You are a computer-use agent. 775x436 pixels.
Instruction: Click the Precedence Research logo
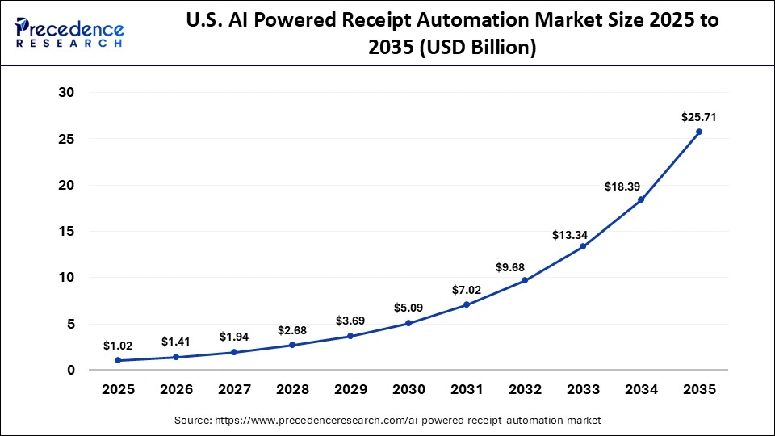pyautogui.click(x=69, y=32)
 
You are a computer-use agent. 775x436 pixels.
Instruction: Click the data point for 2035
pyautogui.click(x=699, y=132)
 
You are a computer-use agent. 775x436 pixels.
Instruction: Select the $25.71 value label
pyautogui.click(x=699, y=117)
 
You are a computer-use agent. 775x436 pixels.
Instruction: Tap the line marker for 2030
pyautogui.click(x=408, y=323)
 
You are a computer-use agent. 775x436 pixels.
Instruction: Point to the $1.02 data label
pyautogui.click(x=118, y=346)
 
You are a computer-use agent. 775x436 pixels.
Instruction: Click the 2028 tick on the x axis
pyautogui.click(x=292, y=389)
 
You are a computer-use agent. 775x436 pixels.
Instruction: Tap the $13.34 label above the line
pyautogui.click(x=570, y=235)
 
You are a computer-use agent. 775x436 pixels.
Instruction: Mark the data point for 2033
pyautogui.click(x=583, y=246)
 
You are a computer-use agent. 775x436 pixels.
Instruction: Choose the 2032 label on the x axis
pyautogui.click(x=525, y=389)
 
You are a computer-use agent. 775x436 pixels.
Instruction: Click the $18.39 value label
pyautogui.click(x=622, y=187)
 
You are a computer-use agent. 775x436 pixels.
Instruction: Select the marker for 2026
pyautogui.click(x=176, y=357)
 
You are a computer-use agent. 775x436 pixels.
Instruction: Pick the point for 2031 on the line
pyautogui.click(x=467, y=304)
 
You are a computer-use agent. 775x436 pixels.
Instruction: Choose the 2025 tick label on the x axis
pyautogui.click(x=118, y=389)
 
